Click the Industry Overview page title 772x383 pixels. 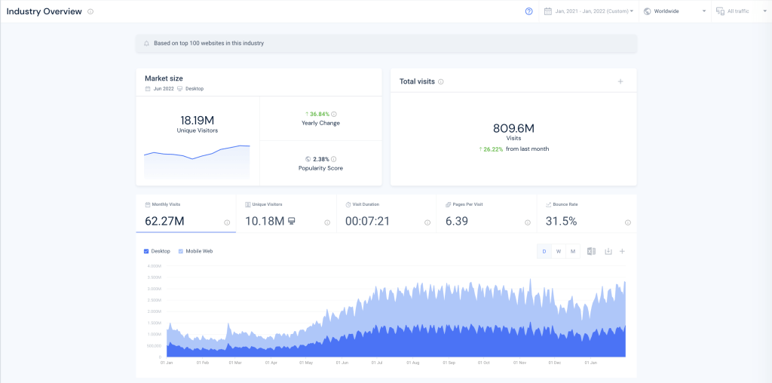click(x=44, y=11)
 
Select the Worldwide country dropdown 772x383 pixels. click(x=673, y=11)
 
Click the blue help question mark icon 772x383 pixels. click(x=529, y=11)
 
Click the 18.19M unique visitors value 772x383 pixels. click(x=197, y=120)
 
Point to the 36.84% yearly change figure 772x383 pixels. click(x=320, y=114)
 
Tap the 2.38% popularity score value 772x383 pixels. click(x=320, y=159)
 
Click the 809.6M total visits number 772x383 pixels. click(x=513, y=128)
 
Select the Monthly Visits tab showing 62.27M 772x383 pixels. click(x=185, y=214)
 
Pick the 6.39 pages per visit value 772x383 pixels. click(x=458, y=222)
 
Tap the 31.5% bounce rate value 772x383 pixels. click(x=560, y=222)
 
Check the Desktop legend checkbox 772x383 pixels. click(x=146, y=251)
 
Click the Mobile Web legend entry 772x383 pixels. click(x=199, y=251)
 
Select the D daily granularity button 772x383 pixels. click(x=544, y=251)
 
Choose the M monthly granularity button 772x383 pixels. click(x=573, y=251)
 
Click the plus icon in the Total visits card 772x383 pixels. click(x=620, y=81)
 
